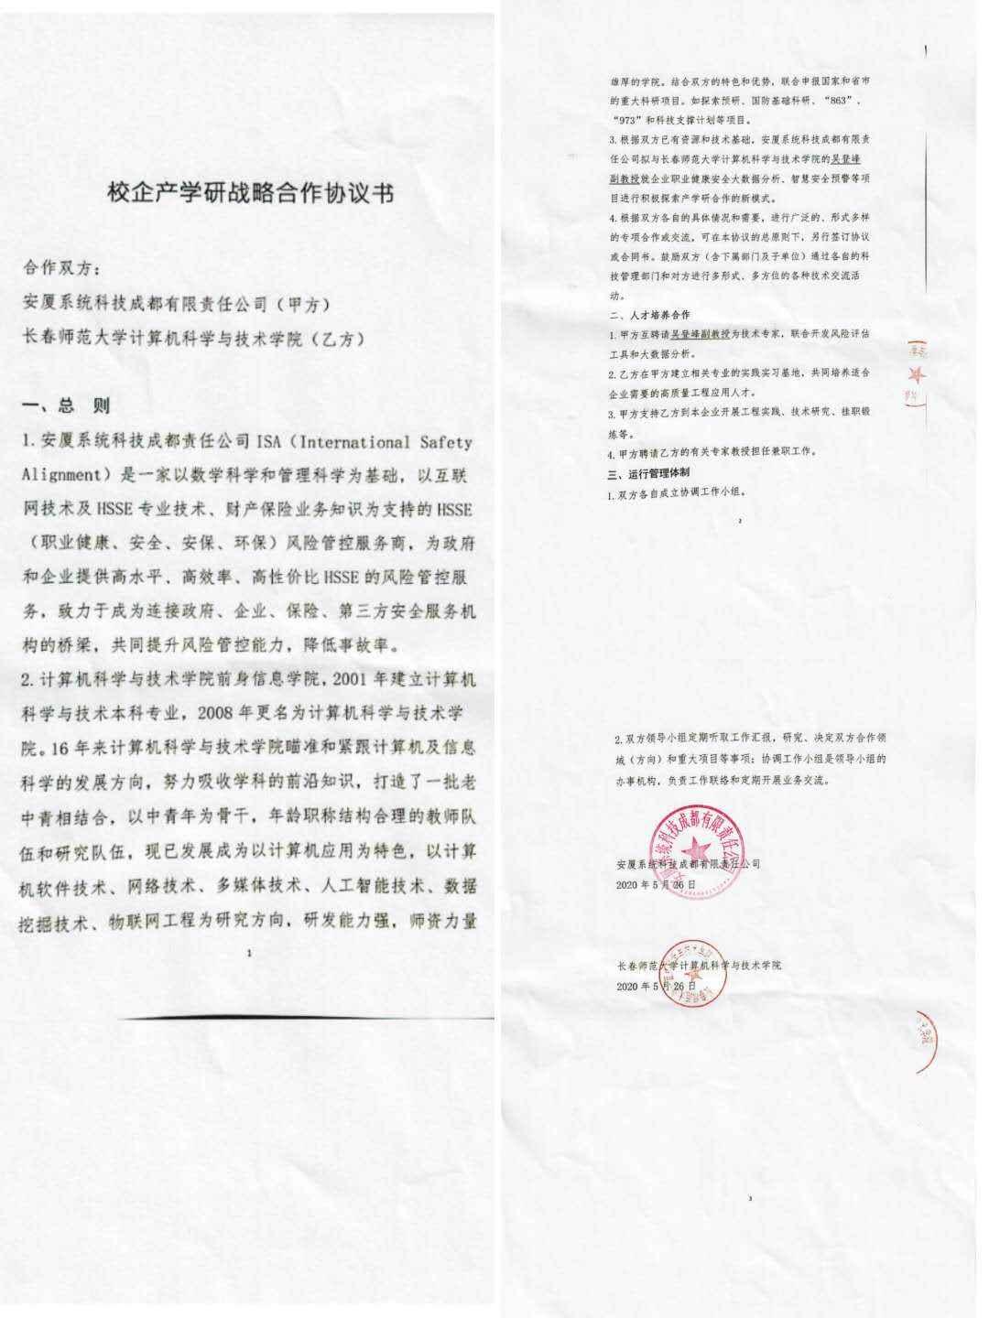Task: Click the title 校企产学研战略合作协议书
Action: pos(250,194)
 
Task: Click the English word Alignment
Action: pos(60,475)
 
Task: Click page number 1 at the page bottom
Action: pos(249,954)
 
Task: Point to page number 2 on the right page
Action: pos(739,520)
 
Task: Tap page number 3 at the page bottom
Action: pos(750,1198)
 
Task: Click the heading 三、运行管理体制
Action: pos(649,473)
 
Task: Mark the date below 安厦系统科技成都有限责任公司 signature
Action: pos(657,885)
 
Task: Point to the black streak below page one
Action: pos(302,1017)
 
